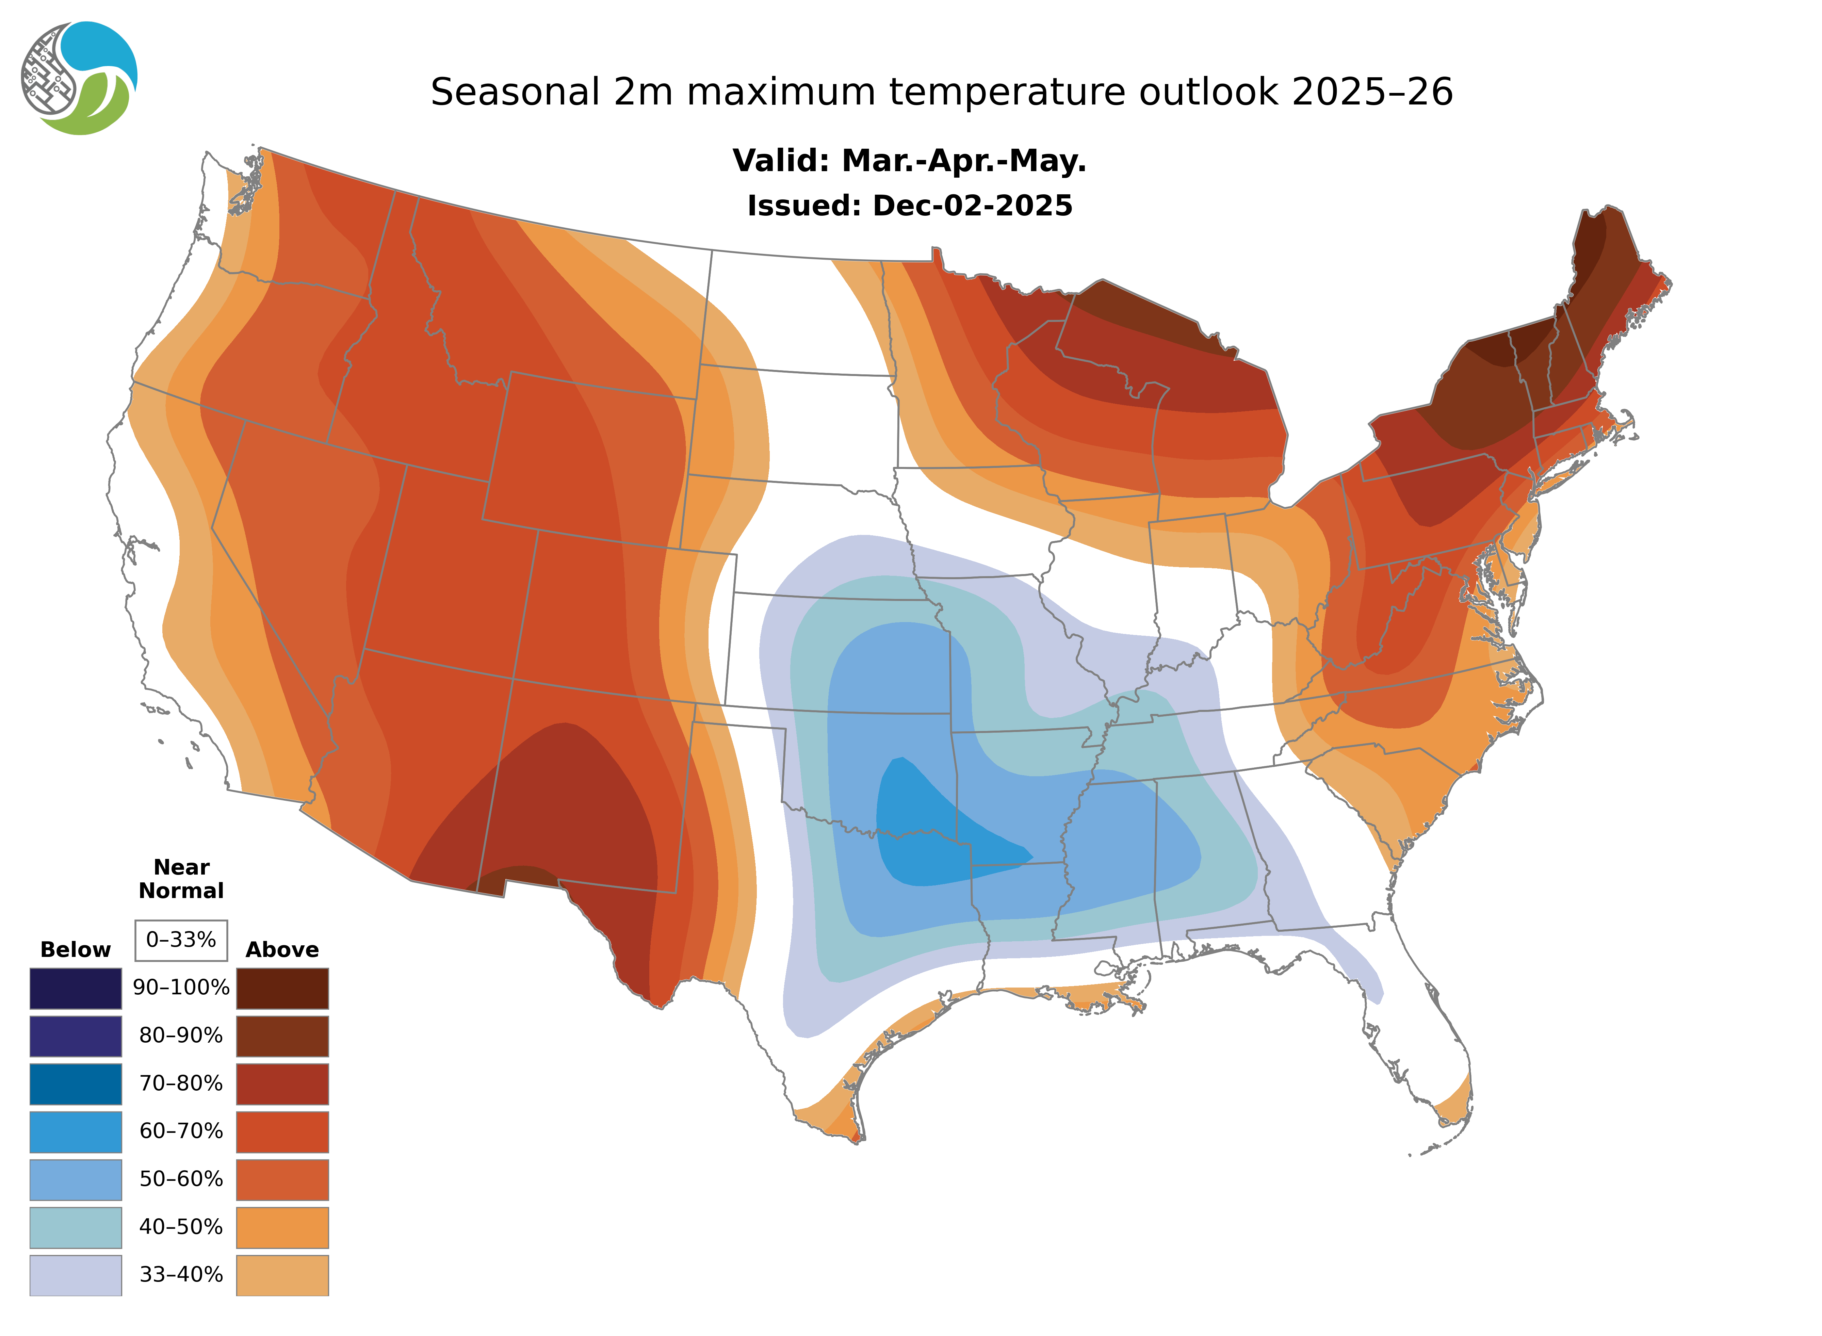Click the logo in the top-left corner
pyautogui.click(x=79, y=79)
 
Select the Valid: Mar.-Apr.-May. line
pyautogui.click(x=909, y=161)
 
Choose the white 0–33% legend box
pyautogui.click(x=181, y=940)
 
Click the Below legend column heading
pyautogui.click(x=75, y=949)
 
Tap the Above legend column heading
pyautogui.click(x=282, y=949)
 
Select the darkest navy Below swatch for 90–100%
pyautogui.click(x=75, y=988)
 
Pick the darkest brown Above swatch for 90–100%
pyautogui.click(x=282, y=988)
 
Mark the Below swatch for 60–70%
pyautogui.click(x=75, y=1131)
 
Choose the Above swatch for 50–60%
pyautogui.click(x=282, y=1179)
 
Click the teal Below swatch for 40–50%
pyautogui.click(x=75, y=1227)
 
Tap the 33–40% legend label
pyautogui.click(x=181, y=1274)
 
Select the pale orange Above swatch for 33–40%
pyautogui.click(x=282, y=1274)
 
